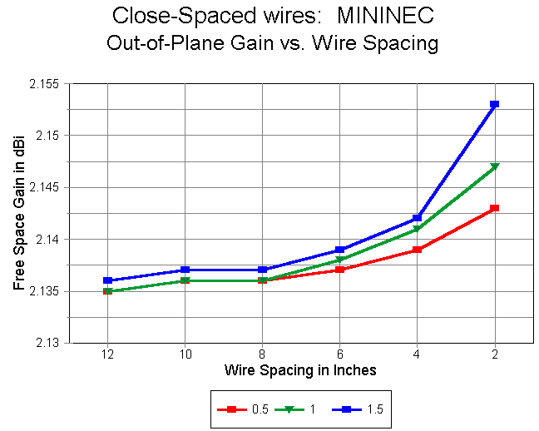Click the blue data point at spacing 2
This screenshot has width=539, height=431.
click(494, 104)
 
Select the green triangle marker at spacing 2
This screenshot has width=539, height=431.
click(494, 166)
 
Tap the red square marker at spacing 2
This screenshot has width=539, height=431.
click(494, 208)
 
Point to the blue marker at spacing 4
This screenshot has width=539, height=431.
click(417, 218)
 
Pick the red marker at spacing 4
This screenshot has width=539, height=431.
click(417, 250)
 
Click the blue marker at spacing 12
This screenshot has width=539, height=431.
click(108, 280)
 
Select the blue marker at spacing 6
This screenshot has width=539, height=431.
click(339, 250)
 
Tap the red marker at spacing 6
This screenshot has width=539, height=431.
click(339, 270)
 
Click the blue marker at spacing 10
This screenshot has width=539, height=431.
click(185, 270)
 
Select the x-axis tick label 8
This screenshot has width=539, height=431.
click(262, 354)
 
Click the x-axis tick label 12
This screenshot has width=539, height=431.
click(108, 354)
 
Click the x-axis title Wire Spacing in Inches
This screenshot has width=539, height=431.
click(299, 370)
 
